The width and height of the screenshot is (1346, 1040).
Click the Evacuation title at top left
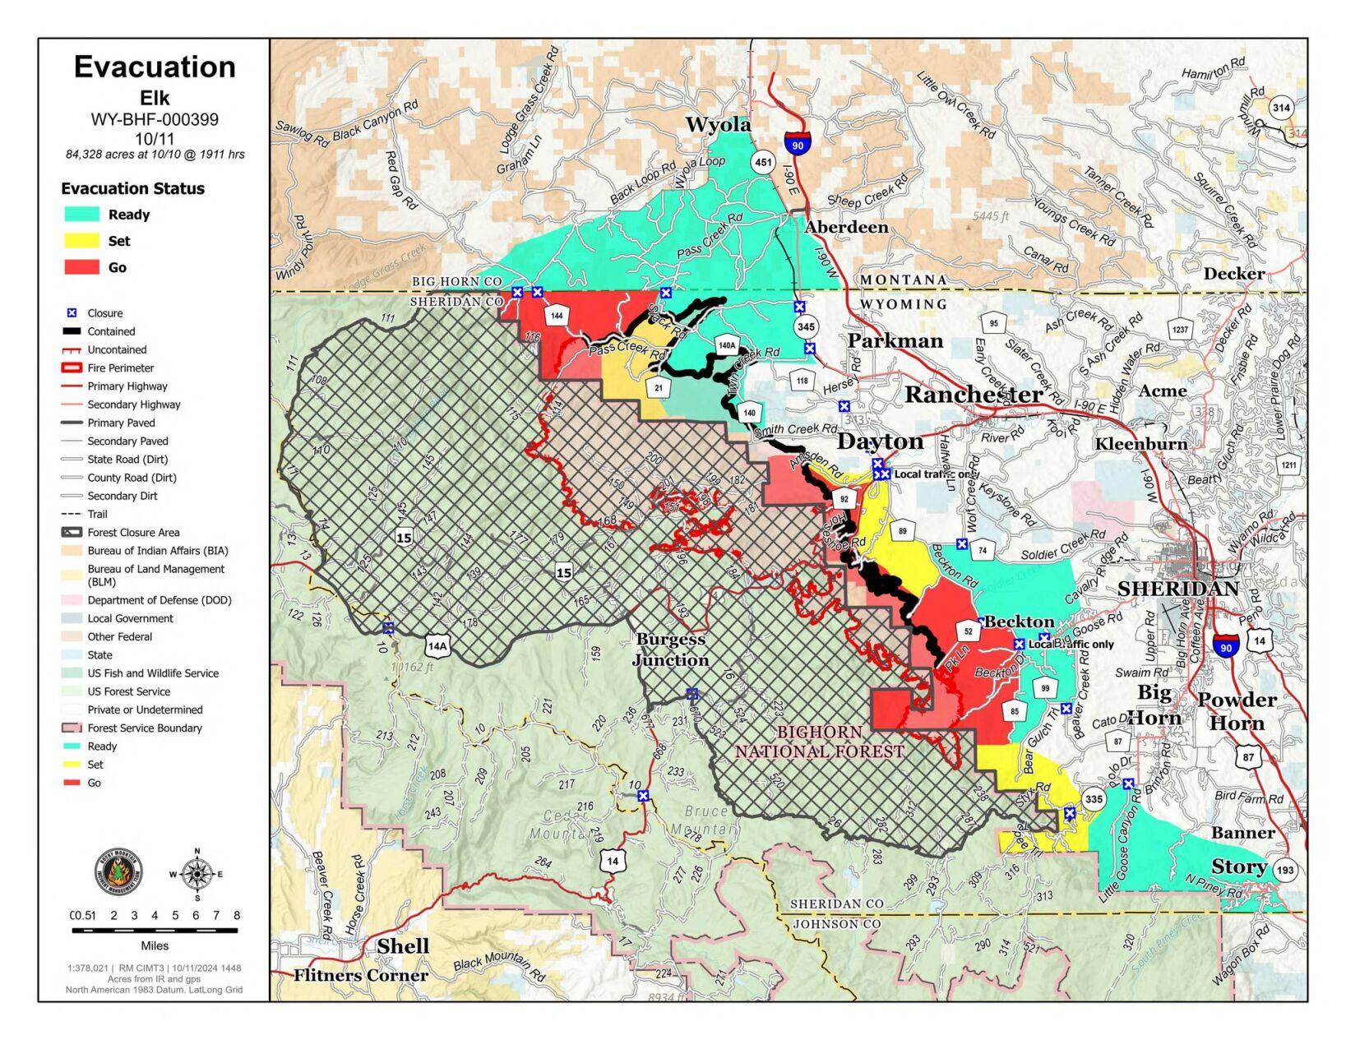tap(155, 67)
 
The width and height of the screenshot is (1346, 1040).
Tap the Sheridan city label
tap(1177, 589)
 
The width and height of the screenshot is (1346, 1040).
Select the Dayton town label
tap(880, 441)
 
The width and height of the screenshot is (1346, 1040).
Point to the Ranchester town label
tap(974, 395)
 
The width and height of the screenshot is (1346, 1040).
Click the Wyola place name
tap(718, 124)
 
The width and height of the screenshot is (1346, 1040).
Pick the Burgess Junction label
tap(671, 649)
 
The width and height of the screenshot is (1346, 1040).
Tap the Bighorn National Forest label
tap(819, 742)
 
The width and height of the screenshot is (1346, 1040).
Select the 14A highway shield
tap(437, 645)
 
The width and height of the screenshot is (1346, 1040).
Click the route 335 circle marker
tap(1093, 799)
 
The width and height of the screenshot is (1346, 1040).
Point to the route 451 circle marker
tap(763, 162)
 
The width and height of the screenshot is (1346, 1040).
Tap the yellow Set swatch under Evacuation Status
tap(82, 241)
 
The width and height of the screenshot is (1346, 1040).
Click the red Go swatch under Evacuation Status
tap(82, 267)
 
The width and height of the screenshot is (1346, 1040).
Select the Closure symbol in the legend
tap(72, 313)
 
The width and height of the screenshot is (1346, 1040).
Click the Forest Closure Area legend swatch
tap(72, 533)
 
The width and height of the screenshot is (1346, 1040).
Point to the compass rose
tap(197, 874)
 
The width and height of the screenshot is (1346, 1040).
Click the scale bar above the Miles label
tap(155, 931)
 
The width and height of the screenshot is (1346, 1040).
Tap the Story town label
tap(1238, 867)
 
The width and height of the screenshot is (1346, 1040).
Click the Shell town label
tap(403, 946)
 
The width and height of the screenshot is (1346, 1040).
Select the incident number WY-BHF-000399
tap(155, 119)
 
